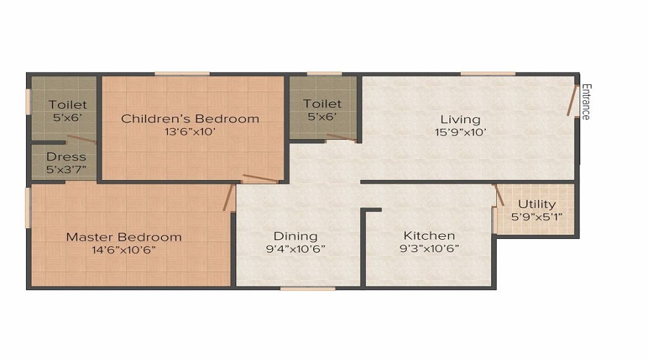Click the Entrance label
pos(586,102)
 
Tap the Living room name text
pos(461,120)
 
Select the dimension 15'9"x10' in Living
pos(461,132)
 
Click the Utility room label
pos(536,204)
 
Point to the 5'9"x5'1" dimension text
pos(536,216)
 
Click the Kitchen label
pos(429,235)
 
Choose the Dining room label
pos(295,236)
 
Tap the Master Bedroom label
pos(124,237)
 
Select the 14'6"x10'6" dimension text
pos(124,249)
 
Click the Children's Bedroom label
pos(190,119)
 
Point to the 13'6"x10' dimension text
pos(190,131)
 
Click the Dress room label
pos(66,157)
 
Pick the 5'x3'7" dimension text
pos(66,169)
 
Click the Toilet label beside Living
pos(322,104)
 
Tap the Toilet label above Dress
pos(68,105)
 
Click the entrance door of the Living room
pos(573,102)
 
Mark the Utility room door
pos(498,194)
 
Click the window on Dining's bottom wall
pos(298,288)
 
